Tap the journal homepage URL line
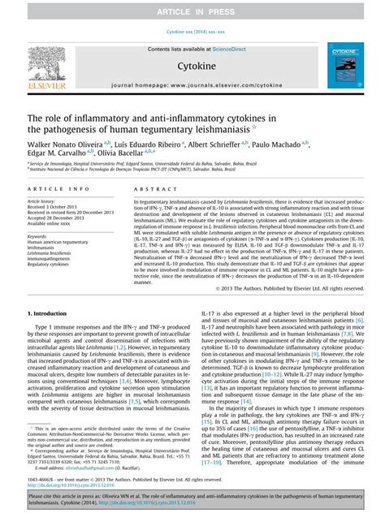(192, 84)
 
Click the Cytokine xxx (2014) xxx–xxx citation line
(192, 32)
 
